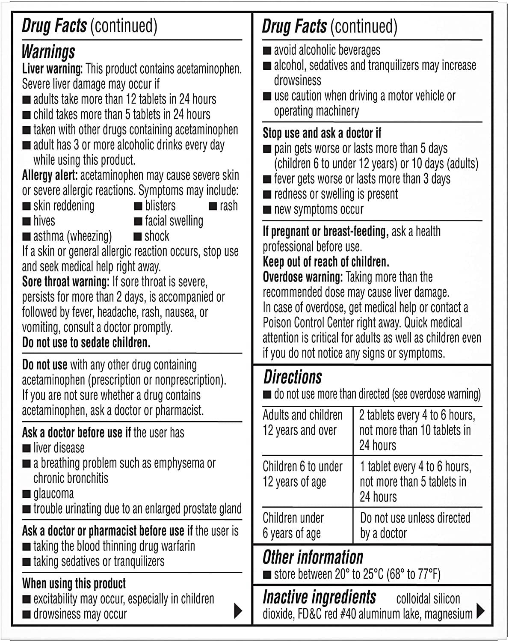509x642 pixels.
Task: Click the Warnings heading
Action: point(48,52)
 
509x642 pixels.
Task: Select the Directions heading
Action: point(293,377)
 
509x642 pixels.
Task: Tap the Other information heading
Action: point(313,557)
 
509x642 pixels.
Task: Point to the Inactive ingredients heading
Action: point(319,597)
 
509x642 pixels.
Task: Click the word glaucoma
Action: point(53,493)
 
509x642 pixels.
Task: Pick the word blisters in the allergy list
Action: point(160,205)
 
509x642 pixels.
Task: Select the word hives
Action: point(44,221)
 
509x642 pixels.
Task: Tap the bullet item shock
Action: point(157,236)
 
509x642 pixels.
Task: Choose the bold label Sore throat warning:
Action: point(65,282)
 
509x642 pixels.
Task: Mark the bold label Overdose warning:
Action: point(302,277)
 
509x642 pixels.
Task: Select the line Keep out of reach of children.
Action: point(326,262)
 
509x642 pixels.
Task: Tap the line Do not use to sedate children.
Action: point(86,343)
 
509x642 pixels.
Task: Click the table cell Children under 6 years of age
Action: point(293,526)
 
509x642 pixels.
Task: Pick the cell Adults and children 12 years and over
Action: point(302,423)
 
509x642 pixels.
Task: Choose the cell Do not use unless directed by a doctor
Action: point(415,526)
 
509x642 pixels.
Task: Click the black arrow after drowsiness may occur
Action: point(238,611)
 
